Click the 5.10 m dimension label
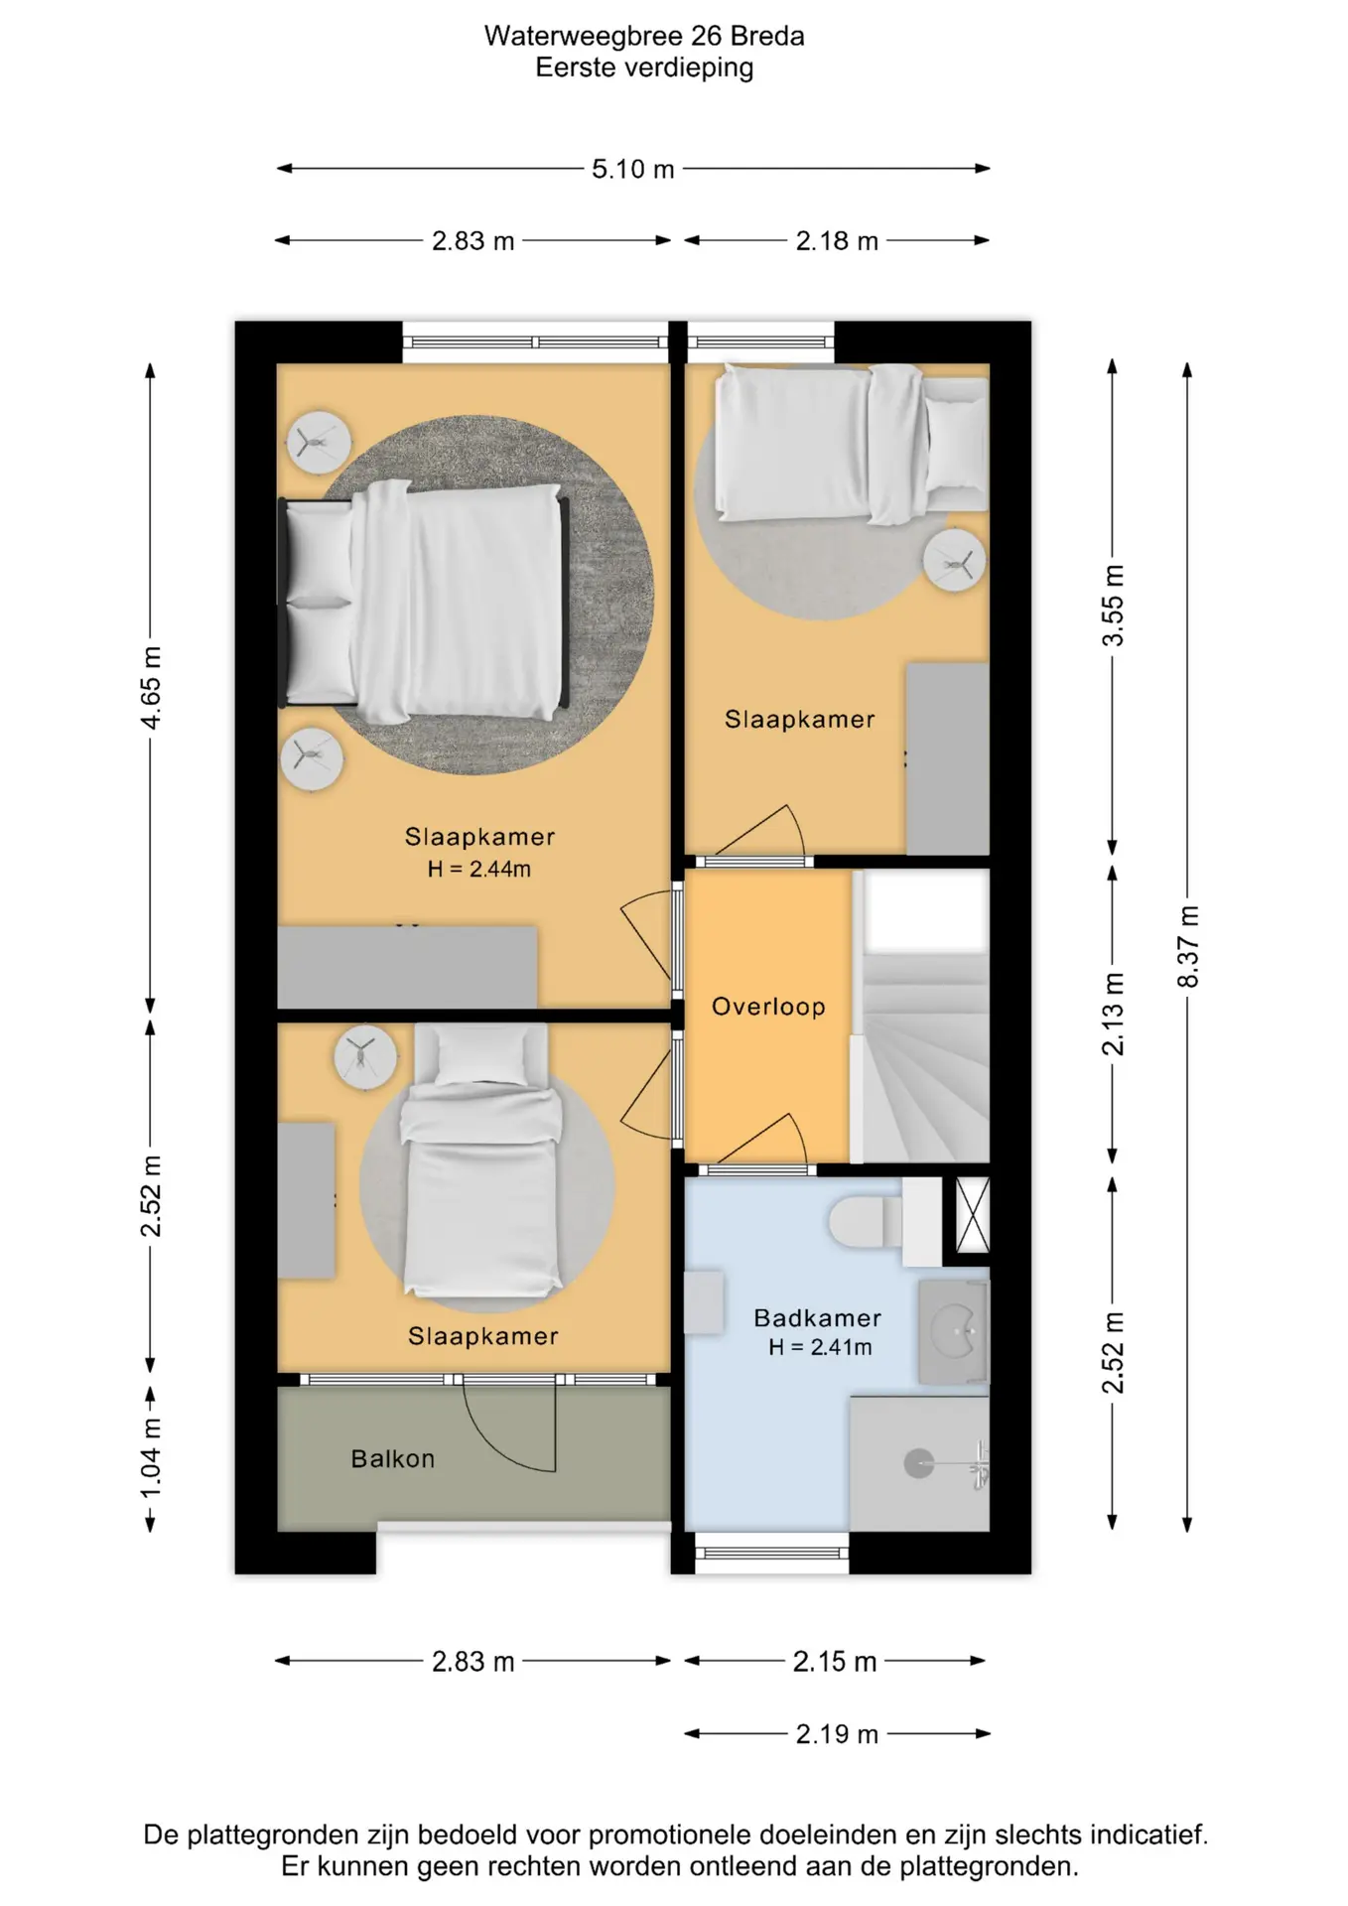[x=632, y=169]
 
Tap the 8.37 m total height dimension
[x=1188, y=947]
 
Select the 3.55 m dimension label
[x=1114, y=606]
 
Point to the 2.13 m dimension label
[x=1114, y=1014]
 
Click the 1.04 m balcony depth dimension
[x=151, y=1458]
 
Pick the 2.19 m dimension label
[x=837, y=1734]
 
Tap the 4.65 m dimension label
[x=151, y=688]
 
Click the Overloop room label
[x=768, y=1007]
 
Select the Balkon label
[x=393, y=1458]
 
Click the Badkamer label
[x=818, y=1318]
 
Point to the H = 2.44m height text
[x=479, y=869]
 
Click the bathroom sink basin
[x=954, y=1331]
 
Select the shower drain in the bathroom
[x=919, y=1462]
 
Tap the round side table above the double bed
[x=319, y=442]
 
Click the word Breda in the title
[x=767, y=36]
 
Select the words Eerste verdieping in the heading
[x=644, y=68]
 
